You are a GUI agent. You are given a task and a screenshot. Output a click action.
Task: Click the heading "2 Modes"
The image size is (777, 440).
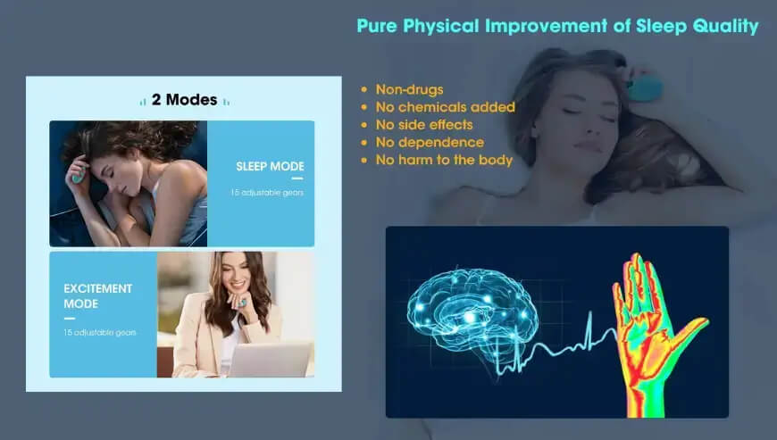(185, 100)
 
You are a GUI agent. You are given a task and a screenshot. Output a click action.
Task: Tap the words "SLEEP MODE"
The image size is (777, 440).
(270, 166)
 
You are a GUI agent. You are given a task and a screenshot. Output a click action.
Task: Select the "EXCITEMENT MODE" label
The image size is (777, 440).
(98, 296)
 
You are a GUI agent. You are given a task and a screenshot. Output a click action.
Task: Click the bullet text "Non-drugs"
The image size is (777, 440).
(409, 89)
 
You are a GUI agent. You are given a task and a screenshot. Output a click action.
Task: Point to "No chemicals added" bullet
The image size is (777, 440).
(445, 107)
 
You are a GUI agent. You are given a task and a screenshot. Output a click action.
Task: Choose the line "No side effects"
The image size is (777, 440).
(424, 125)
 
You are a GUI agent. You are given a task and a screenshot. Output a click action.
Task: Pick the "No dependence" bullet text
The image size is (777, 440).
(430, 143)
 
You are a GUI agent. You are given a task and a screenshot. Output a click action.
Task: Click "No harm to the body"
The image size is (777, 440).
(444, 161)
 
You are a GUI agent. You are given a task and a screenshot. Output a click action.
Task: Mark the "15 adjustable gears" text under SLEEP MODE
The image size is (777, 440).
(266, 193)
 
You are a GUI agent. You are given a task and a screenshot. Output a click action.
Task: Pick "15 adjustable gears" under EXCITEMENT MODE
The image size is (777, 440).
(100, 332)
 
